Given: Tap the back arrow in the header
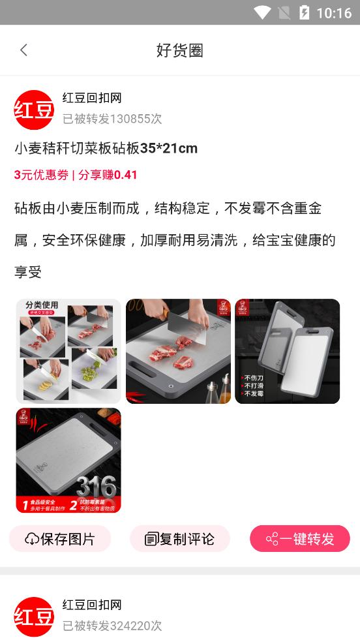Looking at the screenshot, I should pyautogui.click(x=24, y=50).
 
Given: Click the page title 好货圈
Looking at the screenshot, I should pyautogui.click(x=180, y=50).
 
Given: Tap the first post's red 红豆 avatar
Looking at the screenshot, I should pyautogui.click(x=34, y=110).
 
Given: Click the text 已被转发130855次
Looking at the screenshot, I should pyautogui.click(x=112, y=119).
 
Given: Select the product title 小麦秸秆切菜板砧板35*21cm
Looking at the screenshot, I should pyautogui.click(x=106, y=149).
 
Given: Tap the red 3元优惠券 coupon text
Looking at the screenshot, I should pyautogui.click(x=41, y=175).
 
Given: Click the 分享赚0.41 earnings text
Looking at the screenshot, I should pyautogui.click(x=108, y=175).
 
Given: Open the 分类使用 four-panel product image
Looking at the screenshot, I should pyautogui.click(x=68, y=351).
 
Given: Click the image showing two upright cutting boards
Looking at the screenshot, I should pyautogui.click(x=287, y=351).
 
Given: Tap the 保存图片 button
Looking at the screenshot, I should pyautogui.click(x=60, y=539).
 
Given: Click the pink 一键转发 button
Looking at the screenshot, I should pyautogui.click(x=300, y=539).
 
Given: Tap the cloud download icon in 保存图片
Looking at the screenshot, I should pyautogui.click(x=32, y=539).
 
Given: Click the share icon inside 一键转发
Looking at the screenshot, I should pyautogui.click(x=272, y=539).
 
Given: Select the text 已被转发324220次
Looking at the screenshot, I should pyautogui.click(x=112, y=626).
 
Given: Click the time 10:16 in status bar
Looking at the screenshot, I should pyautogui.click(x=333, y=13).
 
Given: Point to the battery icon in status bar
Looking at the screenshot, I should pyautogui.click(x=304, y=12).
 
